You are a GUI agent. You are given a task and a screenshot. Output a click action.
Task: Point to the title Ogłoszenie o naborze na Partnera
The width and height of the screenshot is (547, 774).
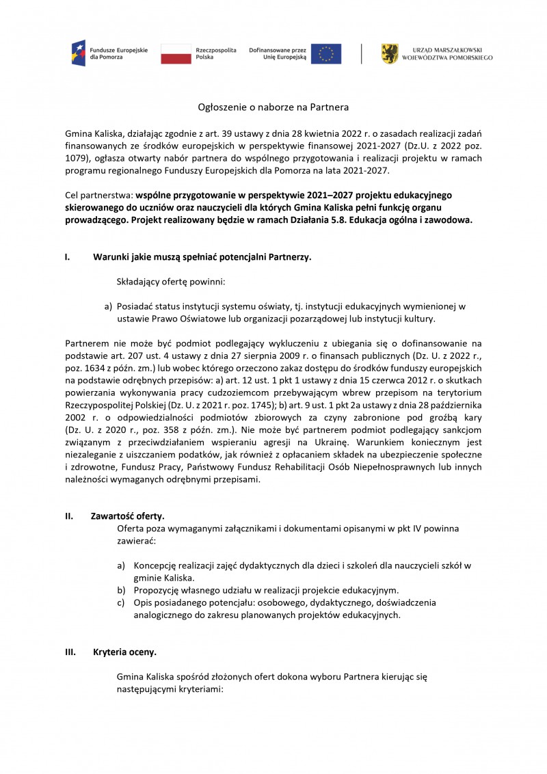point(273,107)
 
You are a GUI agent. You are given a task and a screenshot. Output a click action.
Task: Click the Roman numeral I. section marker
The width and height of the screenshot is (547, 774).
point(67,257)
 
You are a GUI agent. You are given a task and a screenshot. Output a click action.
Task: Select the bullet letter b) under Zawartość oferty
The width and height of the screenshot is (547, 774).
point(121,590)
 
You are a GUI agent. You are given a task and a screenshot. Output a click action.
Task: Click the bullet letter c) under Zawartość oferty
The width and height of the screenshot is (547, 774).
point(121,602)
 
